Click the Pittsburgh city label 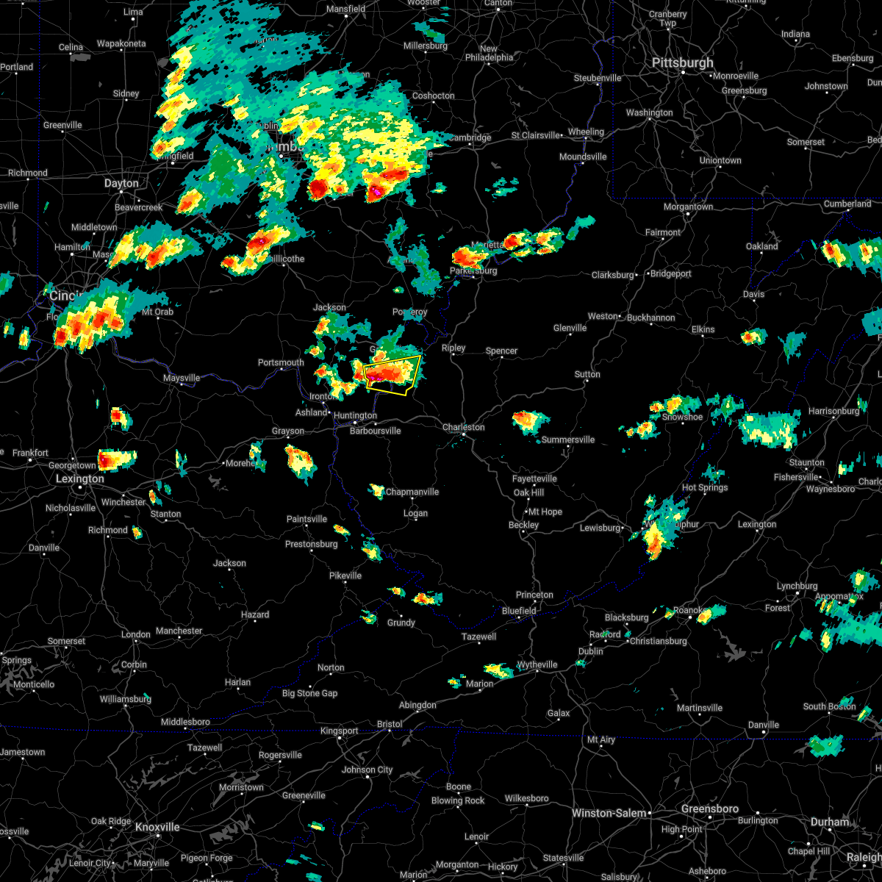point(683,63)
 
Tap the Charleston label point(463,427)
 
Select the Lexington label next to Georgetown point(80,478)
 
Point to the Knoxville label point(157,827)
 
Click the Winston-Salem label point(609,813)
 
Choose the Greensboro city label point(709,808)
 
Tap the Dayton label point(121,184)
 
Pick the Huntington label point(355,416)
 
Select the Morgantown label point(689,207)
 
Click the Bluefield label point(519,611)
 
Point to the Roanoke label point(689,611)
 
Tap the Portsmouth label point(281,362)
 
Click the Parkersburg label point(473,270)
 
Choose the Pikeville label point(345,576)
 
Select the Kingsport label point(338,731)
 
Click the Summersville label point(568,440)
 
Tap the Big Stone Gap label point(310,693)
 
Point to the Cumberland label point(847,204)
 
